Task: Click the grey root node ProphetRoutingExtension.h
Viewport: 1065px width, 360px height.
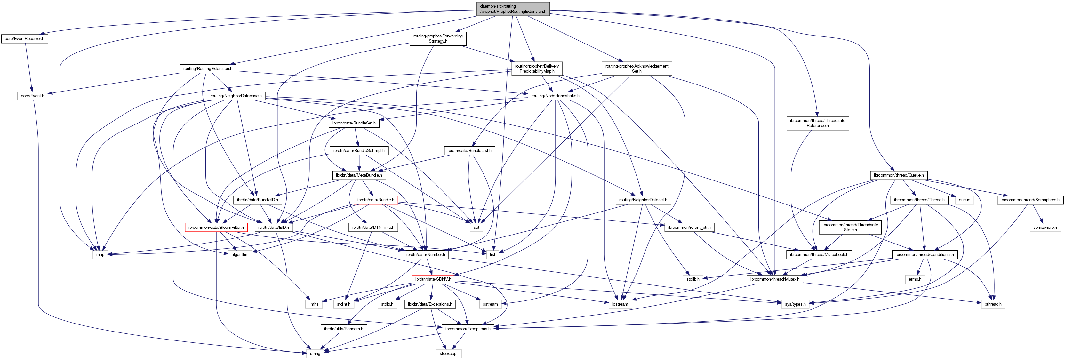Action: [513, 9]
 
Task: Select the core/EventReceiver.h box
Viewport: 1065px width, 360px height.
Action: [24, 39]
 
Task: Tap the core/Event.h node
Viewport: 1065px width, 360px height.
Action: [32, 96]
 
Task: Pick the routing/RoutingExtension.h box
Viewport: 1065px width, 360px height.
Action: [208, 68]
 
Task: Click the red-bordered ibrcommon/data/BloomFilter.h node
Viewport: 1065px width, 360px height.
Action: [216, 227]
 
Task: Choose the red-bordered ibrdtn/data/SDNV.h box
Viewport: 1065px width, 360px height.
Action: [433, 279]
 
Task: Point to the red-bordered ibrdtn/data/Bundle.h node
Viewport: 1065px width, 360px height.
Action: [375, 200]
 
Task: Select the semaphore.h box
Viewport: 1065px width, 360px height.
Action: [1045, 227]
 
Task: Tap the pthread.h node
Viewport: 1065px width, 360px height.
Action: [993, 304]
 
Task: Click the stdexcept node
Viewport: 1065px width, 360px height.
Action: [449, 353]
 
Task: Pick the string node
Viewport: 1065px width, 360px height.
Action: [315, 353]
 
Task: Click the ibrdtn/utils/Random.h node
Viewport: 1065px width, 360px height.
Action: [343, 329]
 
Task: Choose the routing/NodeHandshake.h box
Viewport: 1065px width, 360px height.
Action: [555, 96]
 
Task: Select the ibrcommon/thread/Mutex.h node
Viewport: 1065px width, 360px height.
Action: [775, 279]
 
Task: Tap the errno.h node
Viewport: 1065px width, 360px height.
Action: [915, 279]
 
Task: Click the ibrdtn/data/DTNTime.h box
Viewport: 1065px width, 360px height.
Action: [373, 227]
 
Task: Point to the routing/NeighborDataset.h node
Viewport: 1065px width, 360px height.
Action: [643, 200]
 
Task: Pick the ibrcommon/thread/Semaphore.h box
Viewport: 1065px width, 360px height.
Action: [1029, 200]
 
